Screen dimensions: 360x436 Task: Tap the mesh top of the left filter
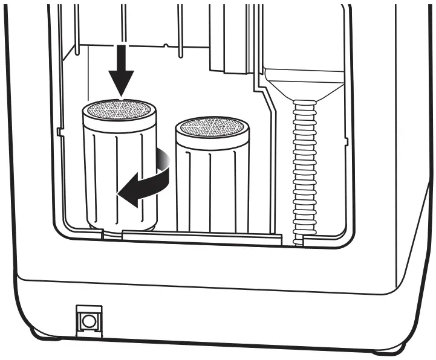(119, 110)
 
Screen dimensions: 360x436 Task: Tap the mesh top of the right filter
(212, 127)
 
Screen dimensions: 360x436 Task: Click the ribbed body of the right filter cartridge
(212, 187)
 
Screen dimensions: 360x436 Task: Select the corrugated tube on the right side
(304, 169)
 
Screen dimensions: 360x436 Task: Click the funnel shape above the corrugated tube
(304, 85)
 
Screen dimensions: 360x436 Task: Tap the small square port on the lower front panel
(89, 320)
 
